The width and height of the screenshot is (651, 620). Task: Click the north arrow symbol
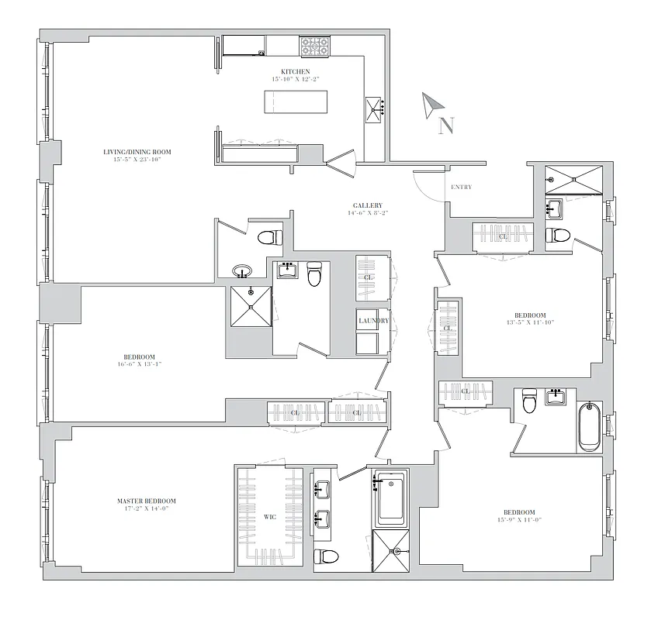pos(432,105)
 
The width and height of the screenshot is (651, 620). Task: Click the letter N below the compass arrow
pos(445,126)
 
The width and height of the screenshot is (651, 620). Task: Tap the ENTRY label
pos(461,187)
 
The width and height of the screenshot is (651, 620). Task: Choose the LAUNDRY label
pos(373,320)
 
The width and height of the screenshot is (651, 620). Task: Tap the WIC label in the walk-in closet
pos(270,516)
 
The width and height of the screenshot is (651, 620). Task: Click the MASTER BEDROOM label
pos(141,501)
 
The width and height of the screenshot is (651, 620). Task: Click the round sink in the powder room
pos(243,272)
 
